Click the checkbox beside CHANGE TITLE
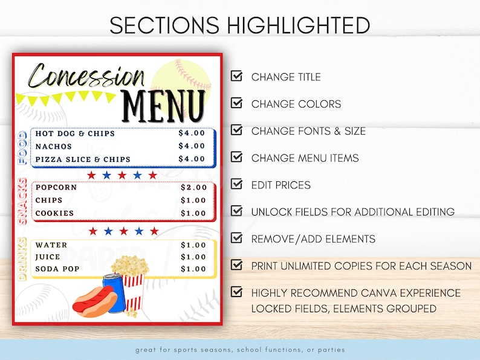point(237,76)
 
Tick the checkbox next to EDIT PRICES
point(237,184)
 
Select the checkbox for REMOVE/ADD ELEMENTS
point(237,238)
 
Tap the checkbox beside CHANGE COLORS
point(237,103)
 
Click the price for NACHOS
point(192,146)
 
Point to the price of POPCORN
point(193,187)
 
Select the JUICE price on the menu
point(193,257)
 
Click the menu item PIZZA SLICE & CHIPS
point(83,159)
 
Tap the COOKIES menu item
point(54,213)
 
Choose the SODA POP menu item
point(57,269)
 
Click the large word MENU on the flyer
point(163,106)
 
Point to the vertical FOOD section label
point(22,148)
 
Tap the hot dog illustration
point(94,301)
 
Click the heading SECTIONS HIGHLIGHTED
point(240,25)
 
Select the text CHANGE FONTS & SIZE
point(308,131)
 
